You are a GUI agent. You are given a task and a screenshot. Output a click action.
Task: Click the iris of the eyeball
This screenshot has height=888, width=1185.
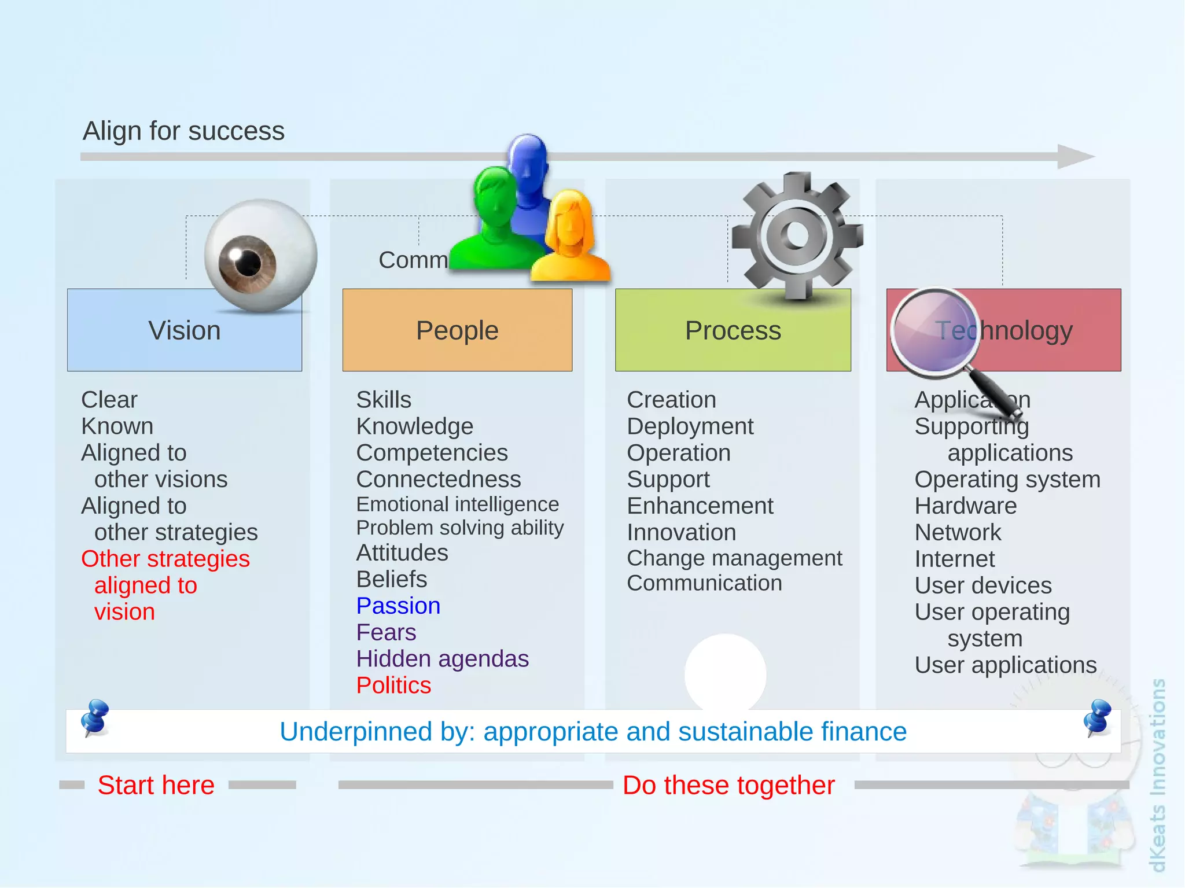click(x=248, y=263)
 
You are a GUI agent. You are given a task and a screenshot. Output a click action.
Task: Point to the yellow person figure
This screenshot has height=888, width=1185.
click(x=571, y=240)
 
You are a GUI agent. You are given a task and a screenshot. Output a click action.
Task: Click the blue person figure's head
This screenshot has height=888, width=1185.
click(x=527, y=156)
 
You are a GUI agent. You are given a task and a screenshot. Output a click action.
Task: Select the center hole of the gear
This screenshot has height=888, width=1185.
click(x=797, y=234)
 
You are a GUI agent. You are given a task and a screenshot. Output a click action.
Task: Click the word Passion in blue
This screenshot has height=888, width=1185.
click(x=398, y=606)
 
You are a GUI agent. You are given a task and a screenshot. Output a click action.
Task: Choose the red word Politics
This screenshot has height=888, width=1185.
click(x=393, y=686)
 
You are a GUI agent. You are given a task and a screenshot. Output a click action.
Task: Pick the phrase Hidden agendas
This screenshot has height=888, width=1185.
click(x=442, y=659)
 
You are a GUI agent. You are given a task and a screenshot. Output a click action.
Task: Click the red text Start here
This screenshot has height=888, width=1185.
click(x=156, y=785)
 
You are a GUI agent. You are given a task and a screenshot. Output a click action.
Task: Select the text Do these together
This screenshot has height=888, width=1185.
click(x=728, y=785)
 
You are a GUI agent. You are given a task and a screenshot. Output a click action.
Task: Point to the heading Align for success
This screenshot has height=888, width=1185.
click(x=183, y=131)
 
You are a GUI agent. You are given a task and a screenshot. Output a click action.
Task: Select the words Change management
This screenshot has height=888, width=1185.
click(x=734, y=558)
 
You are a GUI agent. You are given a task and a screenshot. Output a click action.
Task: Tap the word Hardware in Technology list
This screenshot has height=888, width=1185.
click(x=965, y=506)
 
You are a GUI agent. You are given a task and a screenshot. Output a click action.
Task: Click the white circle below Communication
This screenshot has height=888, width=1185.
click(x=725, y=671)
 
